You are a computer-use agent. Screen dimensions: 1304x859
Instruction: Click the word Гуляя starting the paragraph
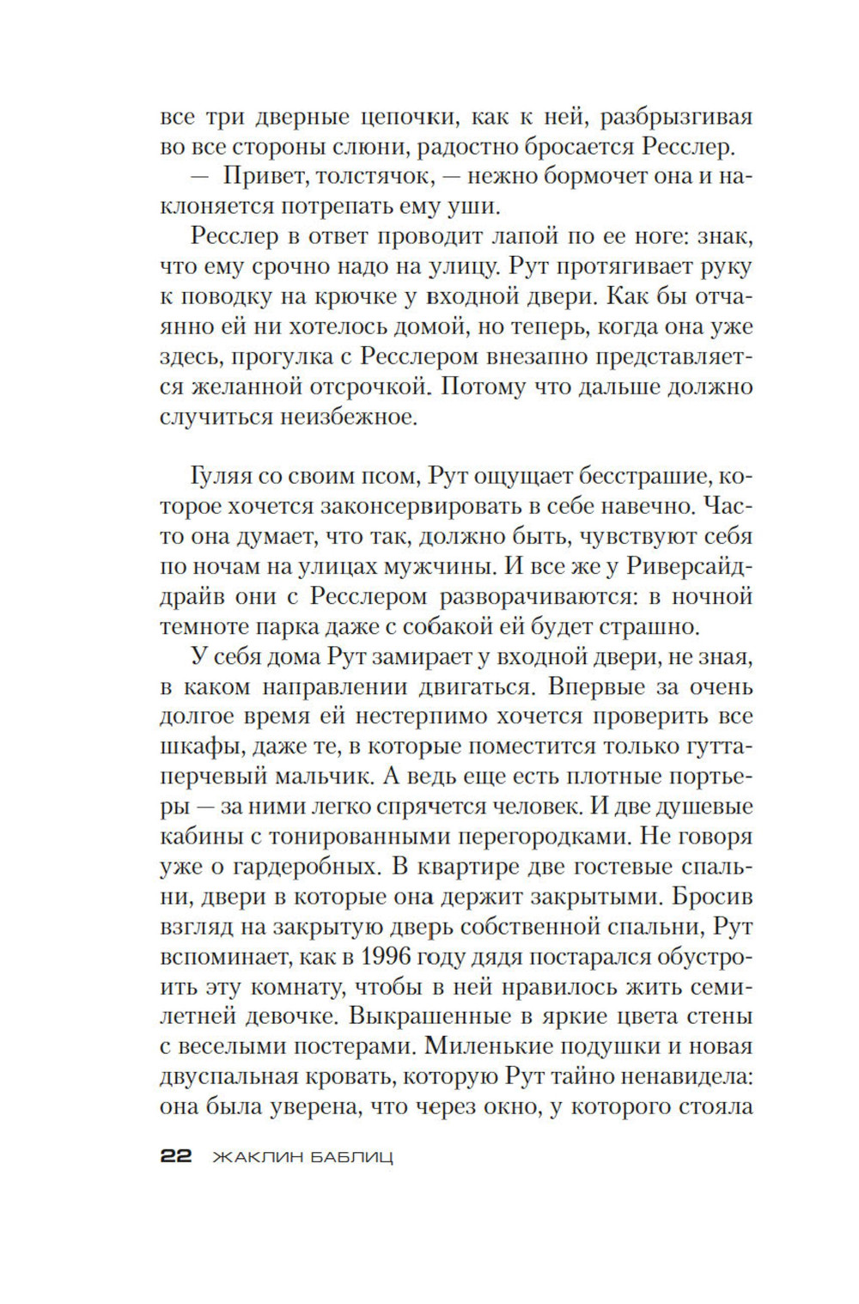click(219, 477)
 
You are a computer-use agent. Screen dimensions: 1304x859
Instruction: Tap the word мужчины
click(466, 567)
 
